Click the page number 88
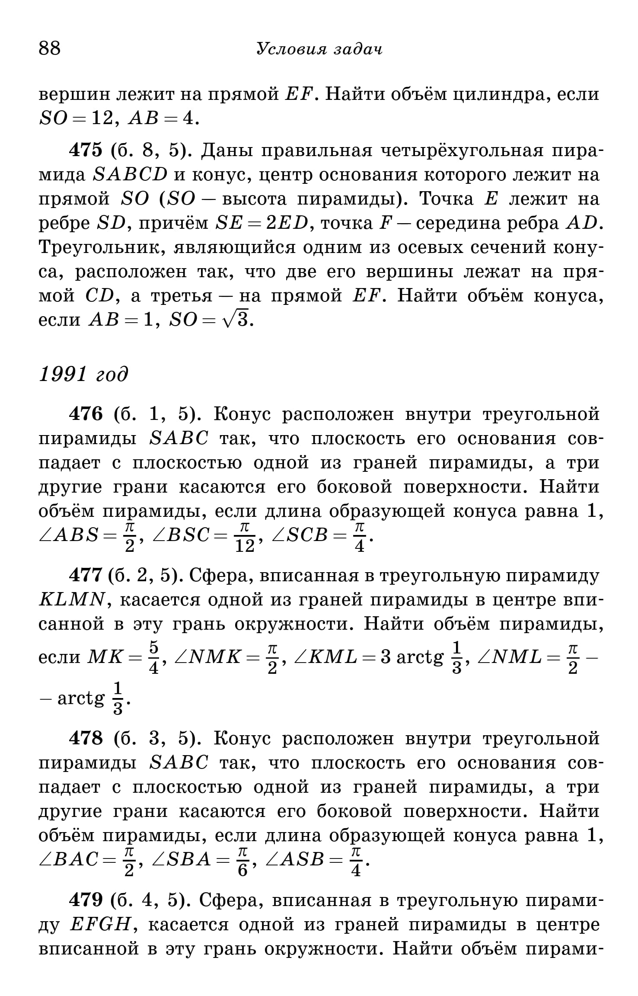tap(50, 48)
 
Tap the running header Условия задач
tap(319, 49)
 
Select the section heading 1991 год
tap(83, 374)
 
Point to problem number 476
tap(86, 414)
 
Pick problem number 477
tap(86, 576)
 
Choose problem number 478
tap(86, 738)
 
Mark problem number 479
tap(86, 900)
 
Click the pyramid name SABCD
tap(130, 175)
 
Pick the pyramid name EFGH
tap(100, 925)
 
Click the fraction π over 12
tap(245, 538)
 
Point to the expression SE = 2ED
tap(262, 223)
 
